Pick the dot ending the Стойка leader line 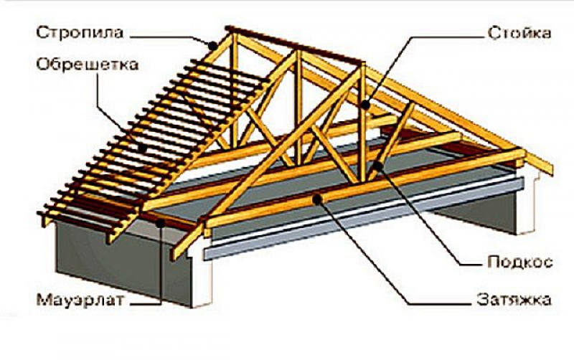(x=366, y=105)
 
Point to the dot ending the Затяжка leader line (x=319, y=201)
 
